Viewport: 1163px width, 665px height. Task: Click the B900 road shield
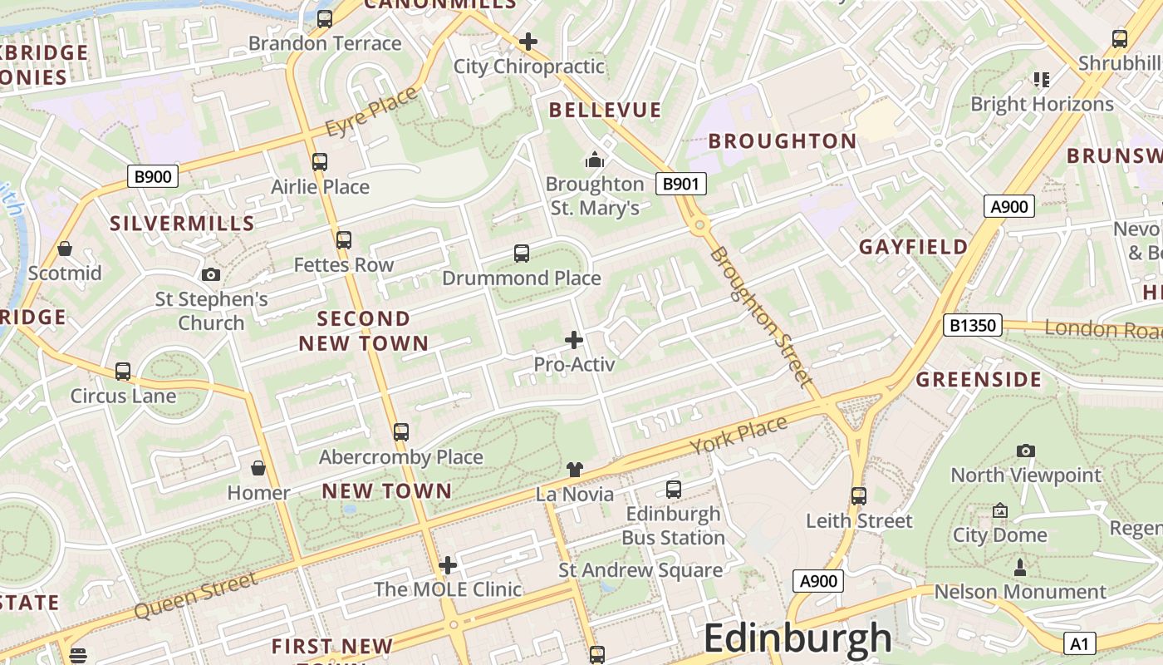point(153,176)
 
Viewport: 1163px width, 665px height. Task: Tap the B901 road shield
point(681,184)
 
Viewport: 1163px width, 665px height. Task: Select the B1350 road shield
point(972,325)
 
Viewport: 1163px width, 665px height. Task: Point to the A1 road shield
point(1079,643)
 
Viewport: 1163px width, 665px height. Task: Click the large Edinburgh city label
point(797,638)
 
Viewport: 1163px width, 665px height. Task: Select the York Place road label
point(739,436)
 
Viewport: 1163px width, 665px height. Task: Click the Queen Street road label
point(196,594)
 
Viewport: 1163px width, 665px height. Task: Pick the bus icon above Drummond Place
point(522,254)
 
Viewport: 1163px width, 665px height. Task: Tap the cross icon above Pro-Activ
point(574,340)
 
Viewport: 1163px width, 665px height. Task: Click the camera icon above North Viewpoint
point(1026,451)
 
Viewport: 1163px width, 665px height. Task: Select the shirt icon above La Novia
point(575,470)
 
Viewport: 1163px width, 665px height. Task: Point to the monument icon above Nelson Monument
point(1020,568)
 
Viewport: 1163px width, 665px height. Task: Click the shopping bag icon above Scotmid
point(65,249)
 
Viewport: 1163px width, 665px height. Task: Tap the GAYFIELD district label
point(914,247)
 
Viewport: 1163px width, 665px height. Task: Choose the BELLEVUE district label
point(606,110)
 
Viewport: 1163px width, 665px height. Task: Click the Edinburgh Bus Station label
point(674,525)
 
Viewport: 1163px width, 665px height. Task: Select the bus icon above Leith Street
point(859,496)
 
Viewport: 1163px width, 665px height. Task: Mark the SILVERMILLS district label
point(182,223)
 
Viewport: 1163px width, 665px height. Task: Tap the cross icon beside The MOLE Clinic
point(448,565)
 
